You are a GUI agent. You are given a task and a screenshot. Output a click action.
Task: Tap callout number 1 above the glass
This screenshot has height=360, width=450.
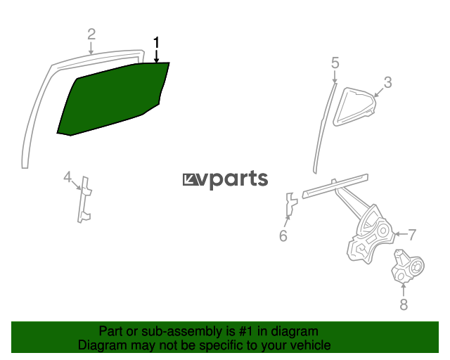click(156, 43)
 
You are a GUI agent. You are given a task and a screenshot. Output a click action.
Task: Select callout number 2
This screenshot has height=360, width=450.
click(91, 34)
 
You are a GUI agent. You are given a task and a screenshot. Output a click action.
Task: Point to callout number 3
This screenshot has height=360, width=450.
click(387, 82)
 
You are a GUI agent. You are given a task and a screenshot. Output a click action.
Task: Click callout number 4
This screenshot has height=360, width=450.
click(67, 177)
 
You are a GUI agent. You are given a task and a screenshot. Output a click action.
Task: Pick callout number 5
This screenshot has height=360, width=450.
click(335, 63)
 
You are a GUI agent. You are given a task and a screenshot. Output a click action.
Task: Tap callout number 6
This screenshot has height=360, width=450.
click(283, 236)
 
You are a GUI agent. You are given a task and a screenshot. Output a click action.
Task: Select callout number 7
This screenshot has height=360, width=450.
click(412, 235)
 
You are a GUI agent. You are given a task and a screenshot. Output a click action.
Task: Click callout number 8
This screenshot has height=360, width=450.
click(404, 304)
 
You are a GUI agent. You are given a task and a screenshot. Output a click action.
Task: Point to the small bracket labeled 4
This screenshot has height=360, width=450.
click(84, 200)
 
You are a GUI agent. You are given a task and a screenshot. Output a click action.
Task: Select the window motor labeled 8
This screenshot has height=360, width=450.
click(408, 266)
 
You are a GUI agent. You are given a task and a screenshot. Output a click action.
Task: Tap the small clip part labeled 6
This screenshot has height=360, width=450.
click(291, 204)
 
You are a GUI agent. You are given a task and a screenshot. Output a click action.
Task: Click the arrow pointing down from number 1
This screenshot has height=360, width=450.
click(156, 56)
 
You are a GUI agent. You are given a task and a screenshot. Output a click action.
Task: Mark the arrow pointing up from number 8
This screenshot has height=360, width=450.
click(404, 290)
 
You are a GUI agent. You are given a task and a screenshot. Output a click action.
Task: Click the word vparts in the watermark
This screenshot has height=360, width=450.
click(233, 179)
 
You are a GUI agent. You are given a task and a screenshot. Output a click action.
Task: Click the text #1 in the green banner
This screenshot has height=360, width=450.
click(246, 331)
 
